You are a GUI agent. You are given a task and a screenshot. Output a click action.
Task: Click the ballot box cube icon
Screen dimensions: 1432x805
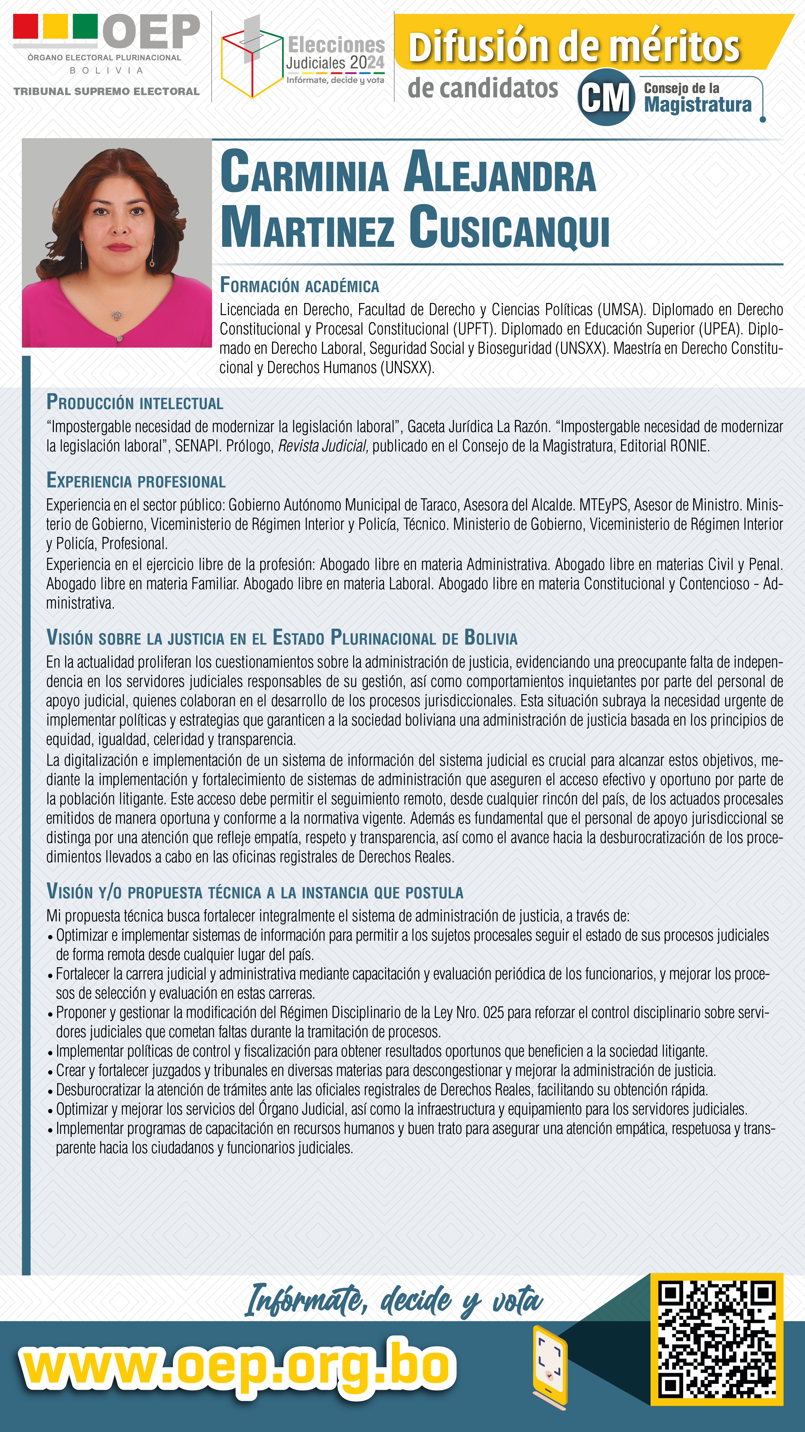click(251, 61)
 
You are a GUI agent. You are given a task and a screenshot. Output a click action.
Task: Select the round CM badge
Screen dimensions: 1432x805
click(606, 97)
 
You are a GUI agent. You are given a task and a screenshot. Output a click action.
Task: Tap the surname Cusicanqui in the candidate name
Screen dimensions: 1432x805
click(509, 228)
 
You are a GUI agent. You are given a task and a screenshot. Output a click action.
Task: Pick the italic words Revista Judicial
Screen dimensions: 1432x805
click(323, 446)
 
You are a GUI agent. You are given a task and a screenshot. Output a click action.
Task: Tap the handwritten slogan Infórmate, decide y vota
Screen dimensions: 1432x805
click(394, 1301)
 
